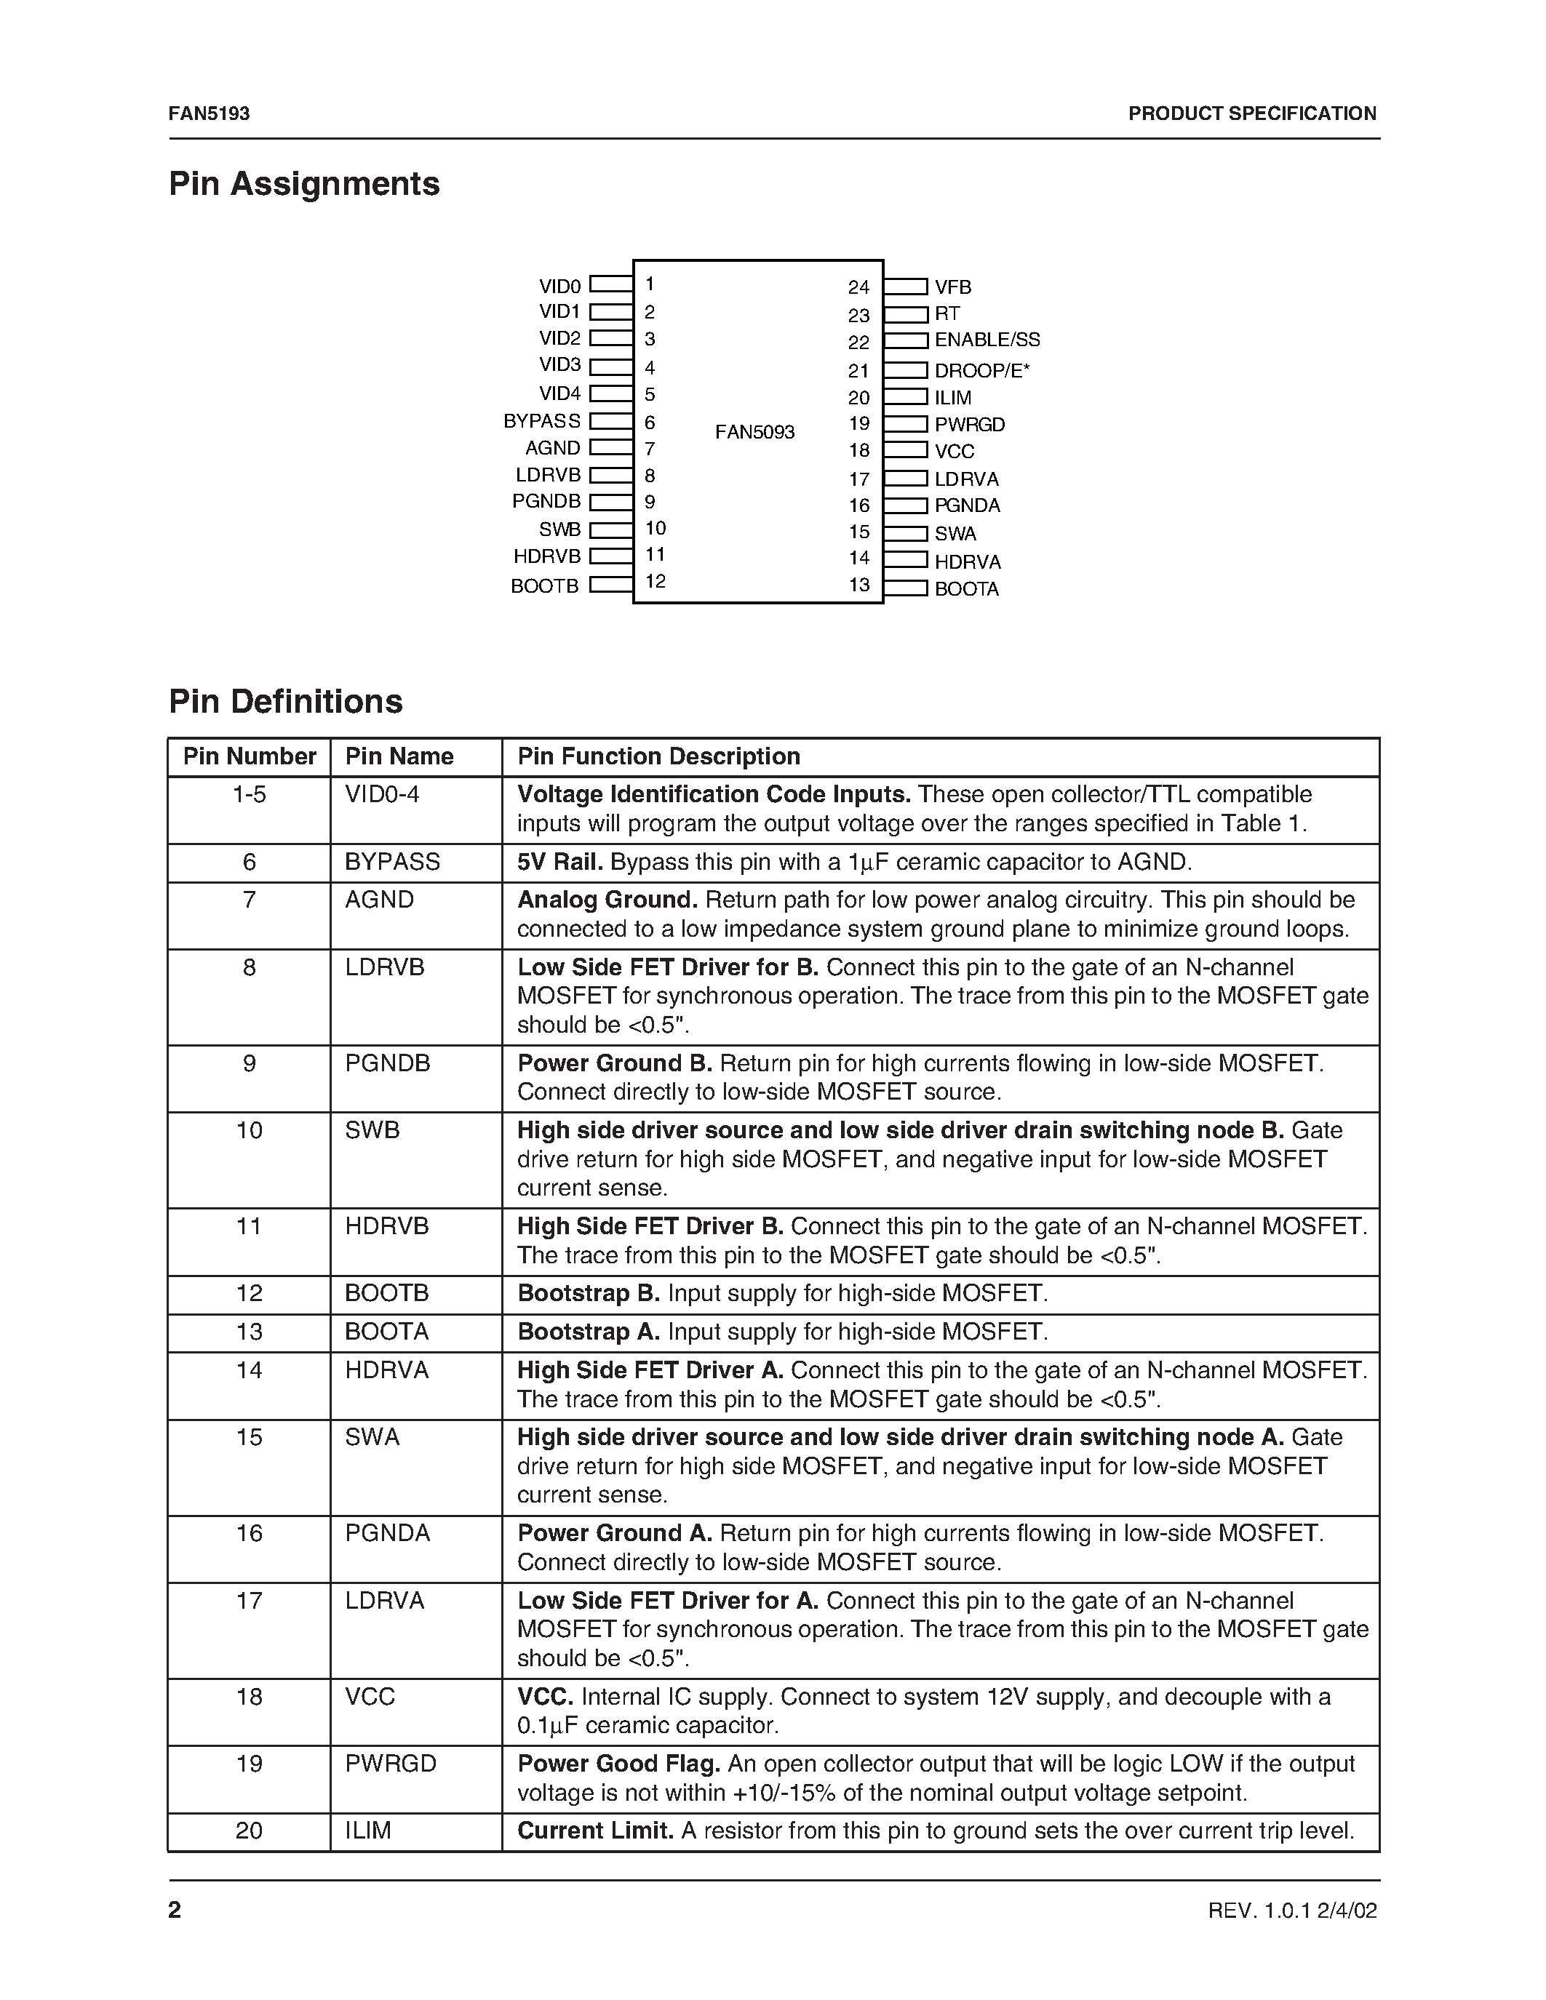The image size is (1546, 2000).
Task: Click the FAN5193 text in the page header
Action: point(209,113)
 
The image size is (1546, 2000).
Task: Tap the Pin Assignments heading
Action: point(304,184)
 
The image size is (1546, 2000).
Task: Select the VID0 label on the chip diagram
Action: point(559,287)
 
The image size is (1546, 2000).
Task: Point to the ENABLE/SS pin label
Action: point(987,340)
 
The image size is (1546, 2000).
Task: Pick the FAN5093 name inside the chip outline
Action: point(754,432)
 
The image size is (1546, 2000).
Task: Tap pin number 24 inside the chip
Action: point(858,287)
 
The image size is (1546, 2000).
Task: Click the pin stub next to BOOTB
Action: point(611,584)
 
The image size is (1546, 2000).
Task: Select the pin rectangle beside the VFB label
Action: point(906,287)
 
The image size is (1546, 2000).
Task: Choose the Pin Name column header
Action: point(399,756)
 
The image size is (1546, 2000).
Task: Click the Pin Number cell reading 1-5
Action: point(249,795)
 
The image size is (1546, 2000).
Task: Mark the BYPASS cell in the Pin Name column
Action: point(392,862)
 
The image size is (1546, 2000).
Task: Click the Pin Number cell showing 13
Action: point(249,1332)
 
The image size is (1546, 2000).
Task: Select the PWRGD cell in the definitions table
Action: point(390,1764)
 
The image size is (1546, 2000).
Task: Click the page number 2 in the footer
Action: point(175,1909)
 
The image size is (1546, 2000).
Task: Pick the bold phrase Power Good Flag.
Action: point(619,1764)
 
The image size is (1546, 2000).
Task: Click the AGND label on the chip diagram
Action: point(552,449)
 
